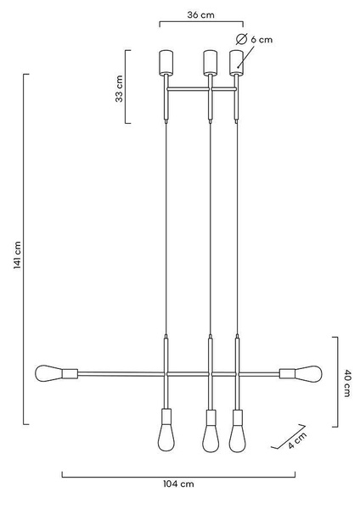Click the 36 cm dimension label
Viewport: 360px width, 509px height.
(200, 15)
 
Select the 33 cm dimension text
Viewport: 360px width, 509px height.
(119, 88)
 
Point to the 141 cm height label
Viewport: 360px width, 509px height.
(17, 255)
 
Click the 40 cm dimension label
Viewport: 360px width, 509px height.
(346, 383)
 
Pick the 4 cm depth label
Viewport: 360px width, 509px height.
(297, 440)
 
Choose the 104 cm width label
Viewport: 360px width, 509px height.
(178, 484)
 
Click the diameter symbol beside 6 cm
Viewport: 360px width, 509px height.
(241, 39)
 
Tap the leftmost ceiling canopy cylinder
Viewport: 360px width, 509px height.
(166, 62)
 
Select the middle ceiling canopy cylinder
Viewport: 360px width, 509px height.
(211, 62)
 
